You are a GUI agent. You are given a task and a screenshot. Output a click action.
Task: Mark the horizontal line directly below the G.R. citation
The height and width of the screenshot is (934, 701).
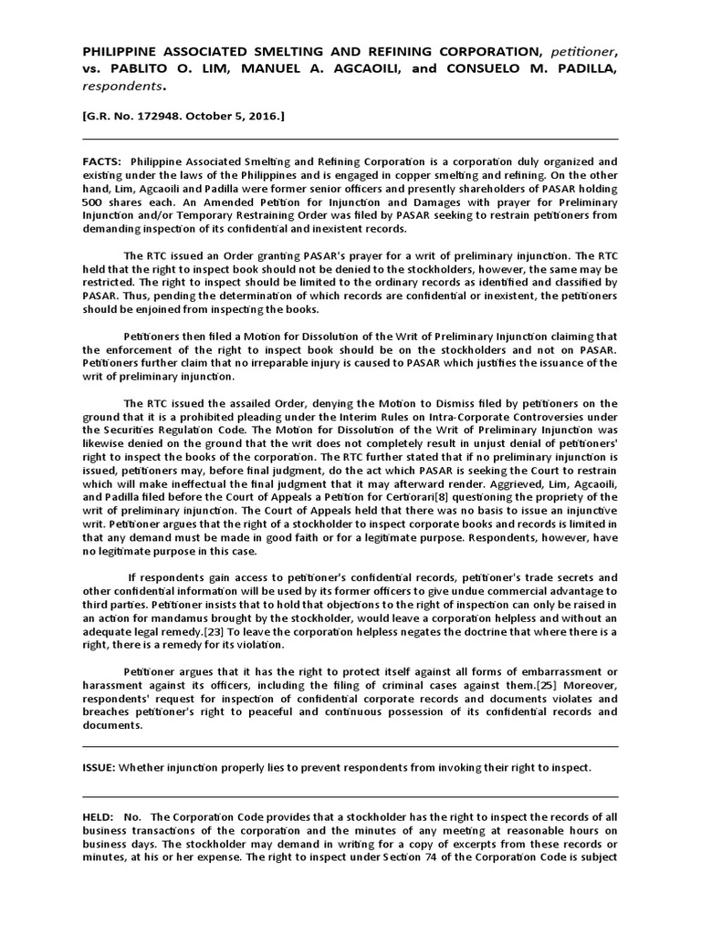350,140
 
